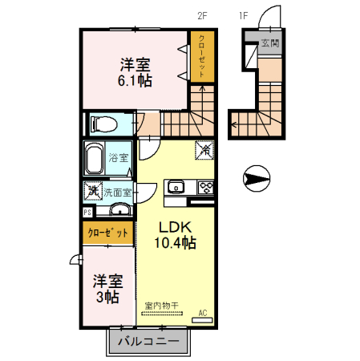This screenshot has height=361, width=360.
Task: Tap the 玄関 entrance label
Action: [270, 43]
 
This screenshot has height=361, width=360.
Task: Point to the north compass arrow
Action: [257, 178]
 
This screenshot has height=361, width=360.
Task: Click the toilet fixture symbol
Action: [102, 124]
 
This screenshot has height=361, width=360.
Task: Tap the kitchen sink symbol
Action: [175, 189]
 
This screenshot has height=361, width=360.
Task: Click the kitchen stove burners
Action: [205, 189]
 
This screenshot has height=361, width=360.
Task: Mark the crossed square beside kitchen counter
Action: [206, 148]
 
